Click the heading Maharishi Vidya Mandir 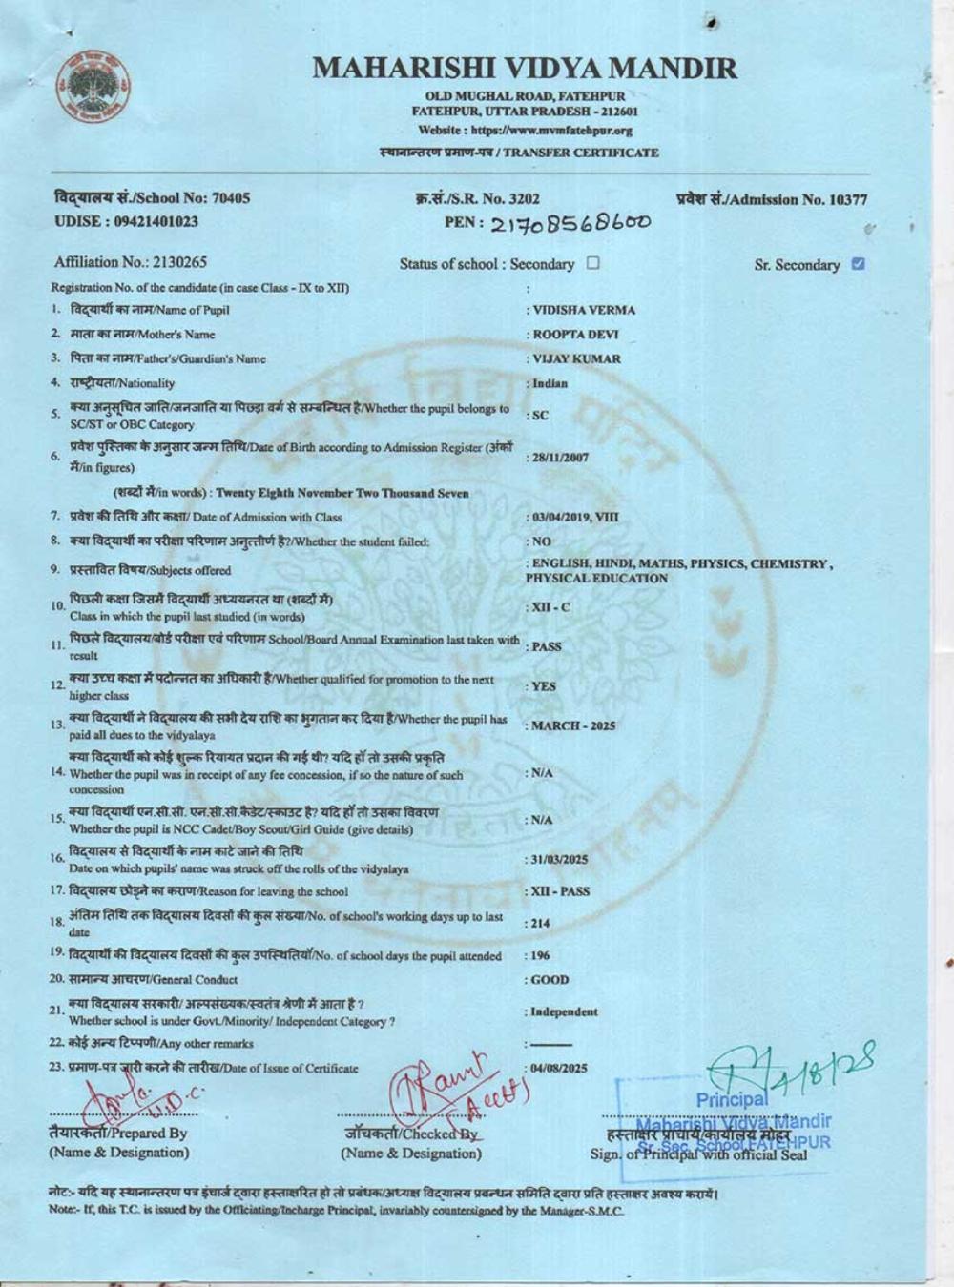(x=525, y=69)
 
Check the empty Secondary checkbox (x=593, y=263)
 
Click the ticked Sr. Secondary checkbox (x=858, y=264)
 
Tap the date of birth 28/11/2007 (x=561, y=458)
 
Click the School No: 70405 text (x=153, y=198)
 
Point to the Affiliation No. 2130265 (x=131, y=262)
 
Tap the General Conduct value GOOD (x=550, y=980)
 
